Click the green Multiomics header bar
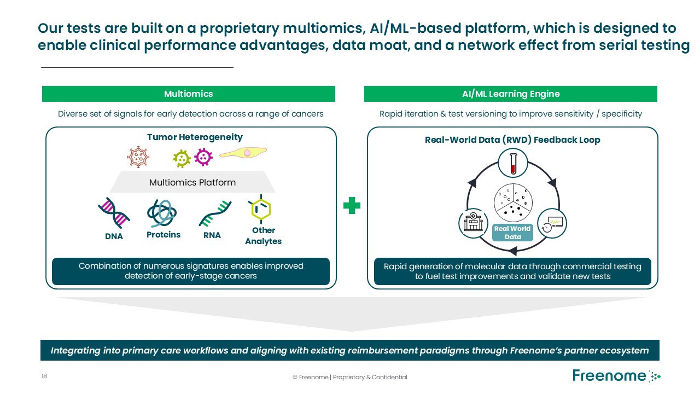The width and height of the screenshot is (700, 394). click(188, 94)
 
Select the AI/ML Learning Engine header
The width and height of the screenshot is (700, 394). click(510, 94)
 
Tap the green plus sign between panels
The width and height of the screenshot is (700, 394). click(352, 206)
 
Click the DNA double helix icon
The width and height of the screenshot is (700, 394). click(114, 213)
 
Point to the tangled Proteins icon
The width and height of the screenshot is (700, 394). click(162, 213)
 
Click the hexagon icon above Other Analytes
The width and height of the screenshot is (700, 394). click(260, 209)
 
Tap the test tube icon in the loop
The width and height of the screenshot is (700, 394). click(512, 163)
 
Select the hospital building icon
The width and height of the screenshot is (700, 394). click(472, 223)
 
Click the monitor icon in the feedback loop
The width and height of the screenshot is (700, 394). click(552, 223)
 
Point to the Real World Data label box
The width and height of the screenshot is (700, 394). click(512, 233)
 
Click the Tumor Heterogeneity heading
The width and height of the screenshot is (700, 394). click(195, 137)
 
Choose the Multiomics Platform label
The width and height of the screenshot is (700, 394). click(192, 182)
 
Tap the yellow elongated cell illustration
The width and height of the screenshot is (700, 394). click(243, 153)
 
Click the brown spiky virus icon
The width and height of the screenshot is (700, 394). click(138, 157)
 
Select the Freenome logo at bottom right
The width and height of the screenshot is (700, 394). click(616, 376)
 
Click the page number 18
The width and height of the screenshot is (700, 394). click(44, 376)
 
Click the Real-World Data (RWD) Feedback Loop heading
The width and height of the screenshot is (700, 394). click(512, 140)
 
